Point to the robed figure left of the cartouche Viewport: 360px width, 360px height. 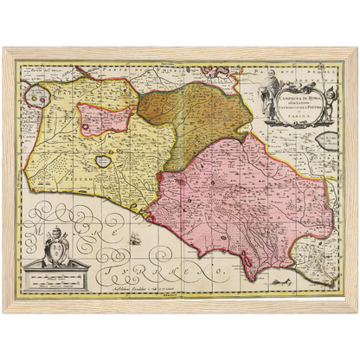270,87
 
